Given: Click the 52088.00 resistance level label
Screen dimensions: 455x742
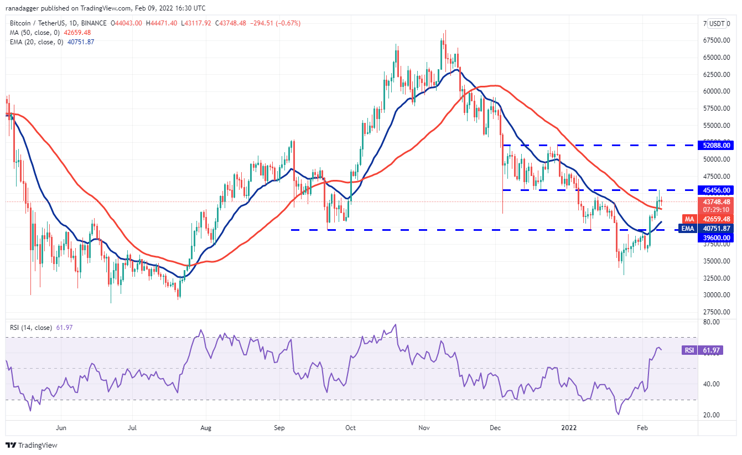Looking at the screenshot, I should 716,145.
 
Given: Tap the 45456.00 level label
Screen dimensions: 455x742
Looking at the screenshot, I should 716,190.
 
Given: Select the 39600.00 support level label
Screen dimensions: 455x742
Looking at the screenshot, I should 716,237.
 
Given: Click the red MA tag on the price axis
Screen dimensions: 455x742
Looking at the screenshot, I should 689,219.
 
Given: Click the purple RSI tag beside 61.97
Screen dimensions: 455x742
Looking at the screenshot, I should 689,350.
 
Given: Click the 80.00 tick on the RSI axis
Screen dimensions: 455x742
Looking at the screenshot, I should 712,322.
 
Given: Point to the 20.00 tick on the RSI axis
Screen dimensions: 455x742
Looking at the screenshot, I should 712,415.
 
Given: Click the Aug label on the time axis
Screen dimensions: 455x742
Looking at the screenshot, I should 206,428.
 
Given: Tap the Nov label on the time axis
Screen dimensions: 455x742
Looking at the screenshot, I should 424,428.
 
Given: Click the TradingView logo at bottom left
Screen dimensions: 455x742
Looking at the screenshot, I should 32,445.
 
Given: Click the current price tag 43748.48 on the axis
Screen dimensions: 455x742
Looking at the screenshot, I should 716,202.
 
